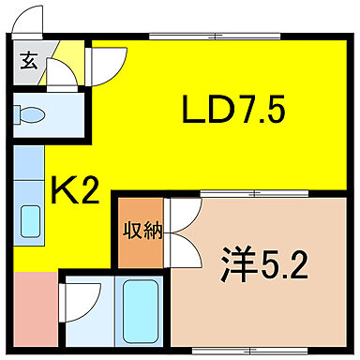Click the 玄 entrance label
pos(28,63)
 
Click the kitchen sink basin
pos(29,222)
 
